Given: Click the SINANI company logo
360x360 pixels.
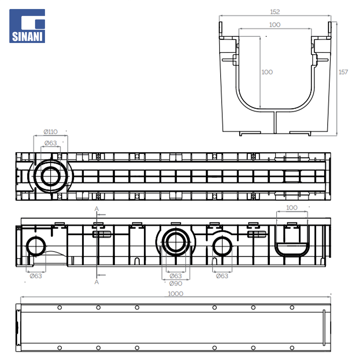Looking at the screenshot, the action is point(27,26).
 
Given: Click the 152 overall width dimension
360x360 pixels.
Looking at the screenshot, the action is point(275,12).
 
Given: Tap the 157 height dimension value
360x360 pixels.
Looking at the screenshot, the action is point(343,72).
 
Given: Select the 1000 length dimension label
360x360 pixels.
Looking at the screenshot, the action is point(175,294).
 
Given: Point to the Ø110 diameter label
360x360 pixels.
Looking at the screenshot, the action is point(51,132).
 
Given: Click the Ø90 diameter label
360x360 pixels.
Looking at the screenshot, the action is point(176,284).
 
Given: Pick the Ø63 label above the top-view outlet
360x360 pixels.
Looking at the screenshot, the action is point(51,143).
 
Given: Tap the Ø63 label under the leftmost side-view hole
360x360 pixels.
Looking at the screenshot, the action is point(36,276).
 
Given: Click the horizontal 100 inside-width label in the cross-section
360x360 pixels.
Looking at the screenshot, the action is point(275,25).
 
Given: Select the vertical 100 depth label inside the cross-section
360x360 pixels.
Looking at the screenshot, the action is point(267,72).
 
